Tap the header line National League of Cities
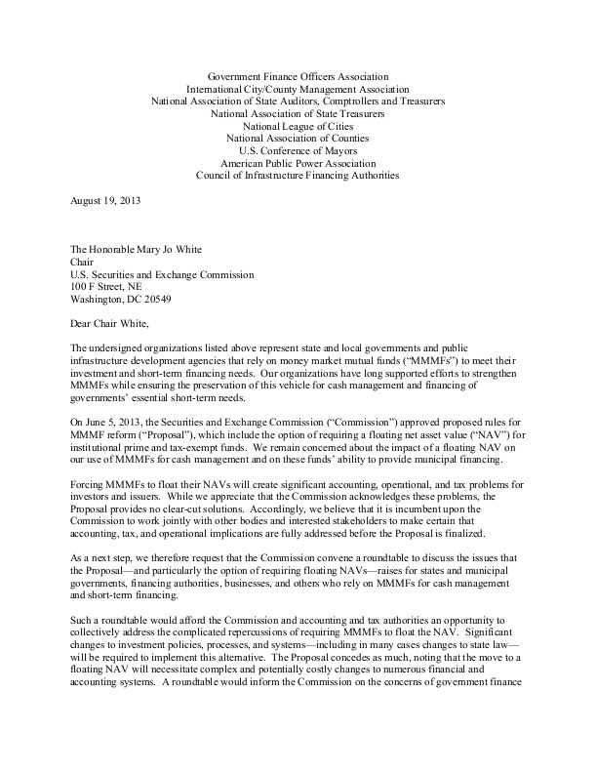[298, 126]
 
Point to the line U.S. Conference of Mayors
[298, 151]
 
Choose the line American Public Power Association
[298, 164]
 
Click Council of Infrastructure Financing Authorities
[298, 177]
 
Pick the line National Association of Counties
[298, 139]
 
